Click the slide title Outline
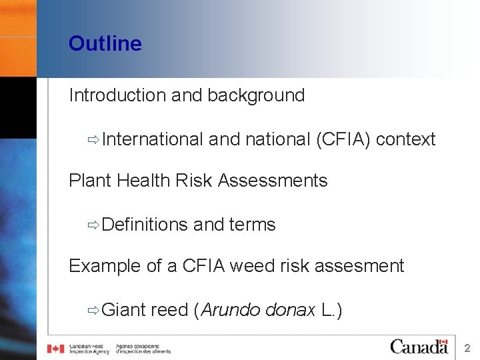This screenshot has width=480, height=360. (x=105, y=44)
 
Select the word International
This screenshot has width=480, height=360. (x=153, y=139)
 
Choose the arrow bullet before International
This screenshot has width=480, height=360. (x=93, y=139)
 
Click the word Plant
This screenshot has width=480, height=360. (x=90, y=181)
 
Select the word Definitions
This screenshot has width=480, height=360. (x=145, y=225)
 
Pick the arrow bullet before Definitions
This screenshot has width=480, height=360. (x=93, y=225)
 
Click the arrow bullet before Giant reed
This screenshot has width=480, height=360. (x=93, y=310)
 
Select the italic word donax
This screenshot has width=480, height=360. (x=290, y=310)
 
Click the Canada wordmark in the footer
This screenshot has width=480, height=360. (x=419, y=347)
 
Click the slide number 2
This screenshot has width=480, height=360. (x=467, y=348)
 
